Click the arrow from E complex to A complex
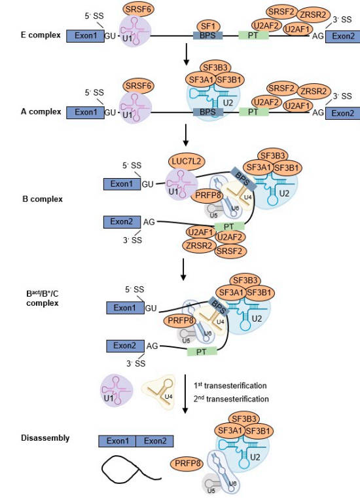point(187,58)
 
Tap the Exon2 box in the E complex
point(343,35)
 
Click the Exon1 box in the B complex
point(122,183)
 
